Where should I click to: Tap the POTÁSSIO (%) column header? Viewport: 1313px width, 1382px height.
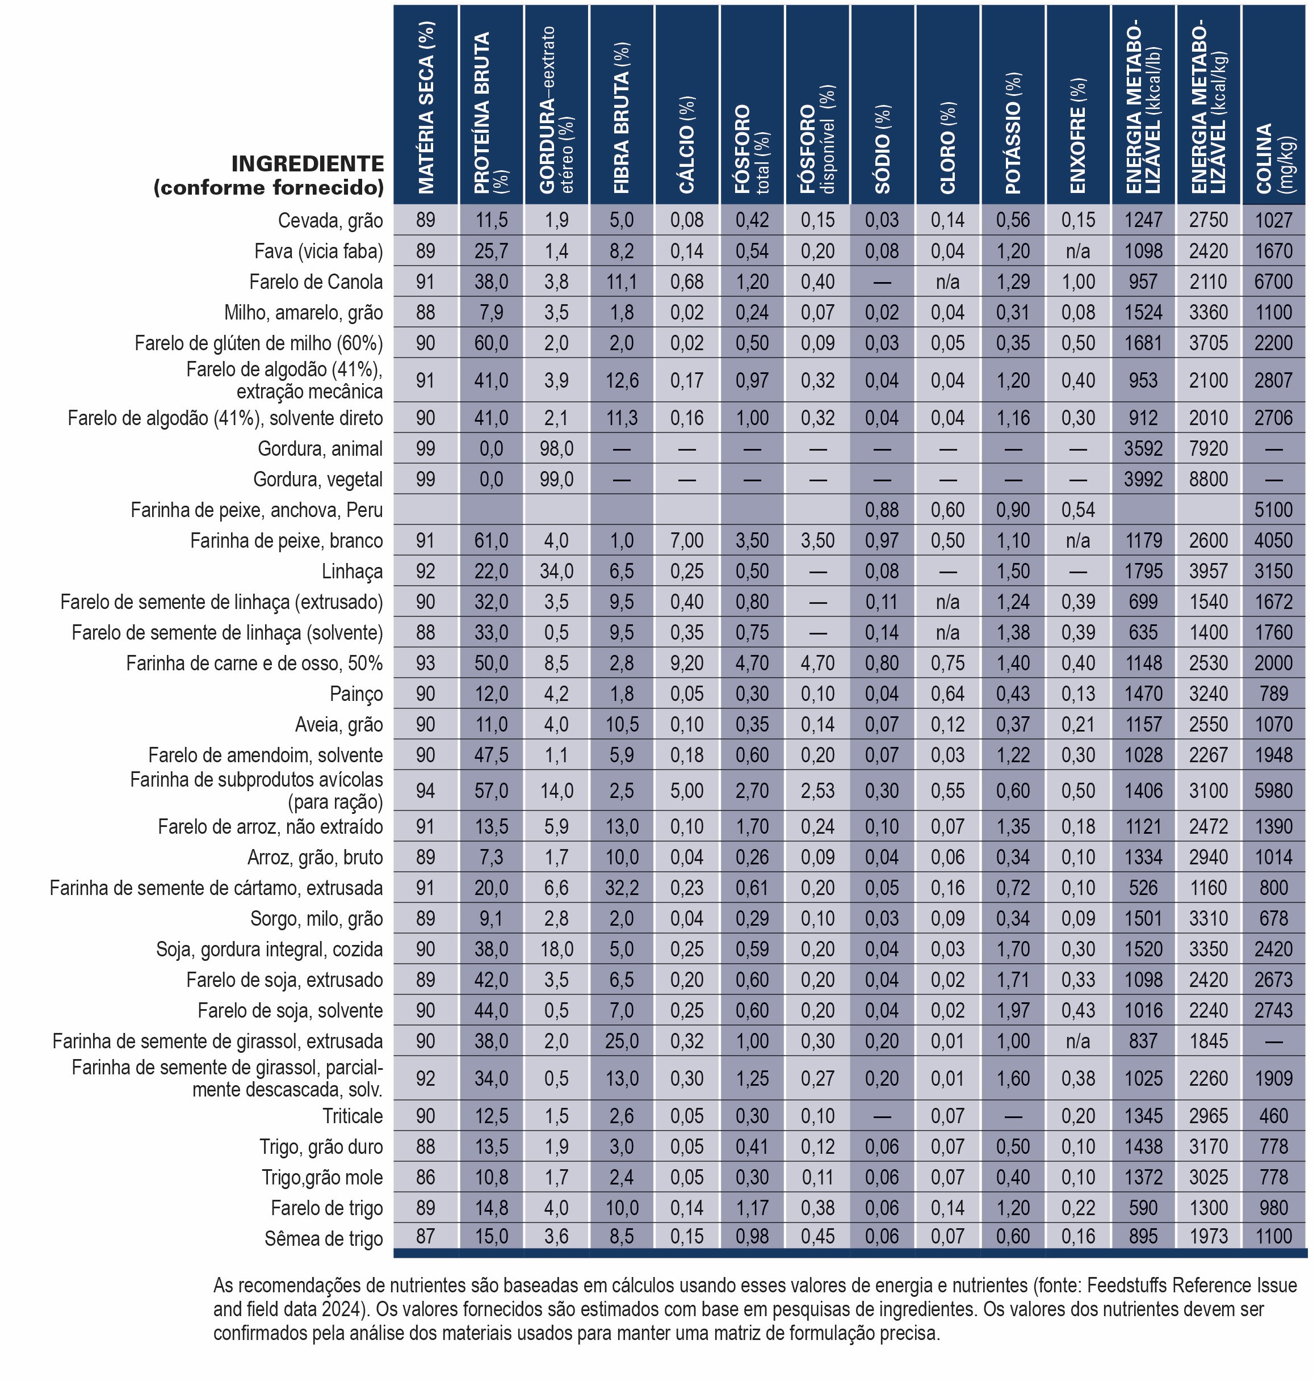pyautogui.click(x=1013, y=133)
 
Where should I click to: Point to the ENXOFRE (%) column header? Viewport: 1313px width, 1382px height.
pyautogui.click(x=1078, y=136)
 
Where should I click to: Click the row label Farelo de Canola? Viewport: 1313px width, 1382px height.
pyautogui.click(x=316, y=282)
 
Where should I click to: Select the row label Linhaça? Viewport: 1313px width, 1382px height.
pyautogui.click(x=352, y=572)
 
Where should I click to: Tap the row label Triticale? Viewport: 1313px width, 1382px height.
pyautogui.click(x=353, y=1116)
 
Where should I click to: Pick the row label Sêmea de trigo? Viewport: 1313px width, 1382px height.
pyautogui.click(x=324, y=1239)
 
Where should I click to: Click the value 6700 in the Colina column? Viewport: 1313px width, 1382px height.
pyautogui.click(x=1273, y=282)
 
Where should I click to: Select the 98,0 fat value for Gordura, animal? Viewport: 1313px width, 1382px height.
pyautogui.click(x=556, y=448)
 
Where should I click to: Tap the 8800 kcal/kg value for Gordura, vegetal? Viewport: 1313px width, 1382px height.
pyautogui.click(x=1208, y=480)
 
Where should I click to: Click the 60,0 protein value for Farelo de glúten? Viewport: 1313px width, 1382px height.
pyautogui.click(x=492, y=343)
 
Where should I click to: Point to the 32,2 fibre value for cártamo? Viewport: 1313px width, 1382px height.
pyautogui.click(x=622, y=888)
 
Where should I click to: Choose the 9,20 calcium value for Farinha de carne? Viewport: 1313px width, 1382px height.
pyautogui.click(x=687, y=663)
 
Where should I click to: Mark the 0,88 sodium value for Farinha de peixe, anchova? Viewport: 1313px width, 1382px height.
pyautogui.click(x=882, y=510)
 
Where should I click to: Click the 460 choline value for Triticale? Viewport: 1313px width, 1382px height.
pyautogui.click(x=1273, y=1116)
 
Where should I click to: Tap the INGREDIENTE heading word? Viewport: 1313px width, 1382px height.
pyautogui.click(x=308, y=164)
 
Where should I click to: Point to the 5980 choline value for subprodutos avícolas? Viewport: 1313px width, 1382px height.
pyautogui.click(x=1273, y=791)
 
